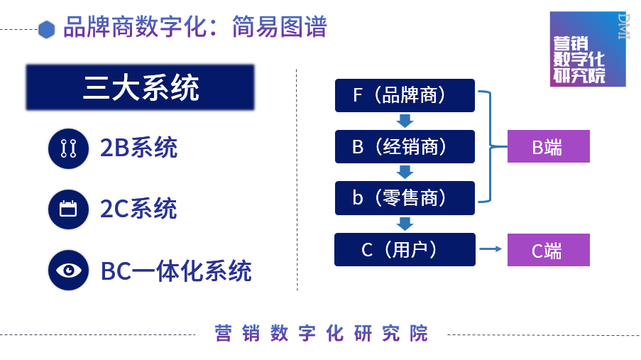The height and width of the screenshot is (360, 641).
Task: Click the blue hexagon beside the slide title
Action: point(47,29)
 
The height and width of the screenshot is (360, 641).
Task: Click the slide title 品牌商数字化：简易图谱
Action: point(195,27)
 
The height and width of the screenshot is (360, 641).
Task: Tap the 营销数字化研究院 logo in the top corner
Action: point(587,49)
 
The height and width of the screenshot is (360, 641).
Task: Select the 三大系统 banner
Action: point(141,89)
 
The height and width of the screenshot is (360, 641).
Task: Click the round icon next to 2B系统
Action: point(68,148)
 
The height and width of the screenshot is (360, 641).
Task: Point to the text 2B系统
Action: point(138,148)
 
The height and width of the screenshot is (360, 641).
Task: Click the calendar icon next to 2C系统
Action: point(68,209)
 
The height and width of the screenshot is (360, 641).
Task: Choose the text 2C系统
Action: point(138,209)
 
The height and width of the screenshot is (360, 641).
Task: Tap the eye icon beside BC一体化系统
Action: point(68,270)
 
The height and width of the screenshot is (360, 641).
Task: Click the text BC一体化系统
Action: point(176,271)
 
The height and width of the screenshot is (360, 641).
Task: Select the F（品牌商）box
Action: point(405,95)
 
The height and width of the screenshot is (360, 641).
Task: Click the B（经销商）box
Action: point(405,146)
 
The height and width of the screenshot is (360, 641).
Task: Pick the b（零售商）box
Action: point(405,198)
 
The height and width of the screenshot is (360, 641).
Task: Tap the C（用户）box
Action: point(405,249)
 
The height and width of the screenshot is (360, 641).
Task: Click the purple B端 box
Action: point(548,146)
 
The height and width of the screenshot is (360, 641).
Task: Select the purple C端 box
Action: point(548,249)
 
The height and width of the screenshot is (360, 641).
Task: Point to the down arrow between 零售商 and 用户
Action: point(405,224)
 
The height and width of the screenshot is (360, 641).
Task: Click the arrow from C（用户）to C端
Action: point(491,249)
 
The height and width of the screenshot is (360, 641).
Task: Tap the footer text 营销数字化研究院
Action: point(322,333)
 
